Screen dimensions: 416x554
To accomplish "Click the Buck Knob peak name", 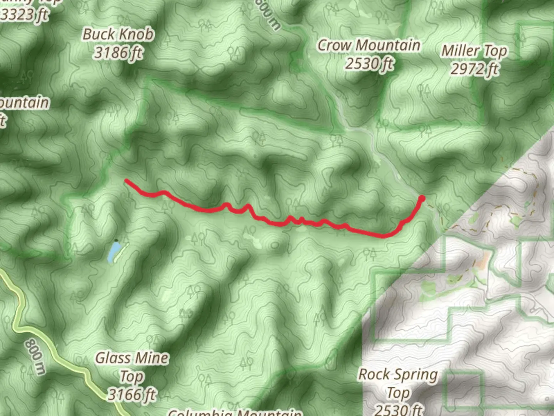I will click(x=118, y=34).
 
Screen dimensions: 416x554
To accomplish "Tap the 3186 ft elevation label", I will click(x=118, y=52).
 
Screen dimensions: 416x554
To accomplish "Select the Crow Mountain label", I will click(x=368, y=45).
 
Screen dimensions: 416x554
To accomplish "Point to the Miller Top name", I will click(x=474, y=50).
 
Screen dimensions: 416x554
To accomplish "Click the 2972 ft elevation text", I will click(x=474, y=69).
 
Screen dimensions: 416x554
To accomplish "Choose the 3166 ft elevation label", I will click(x=132, y=394).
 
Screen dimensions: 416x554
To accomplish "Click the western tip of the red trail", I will click(x=126, y=180).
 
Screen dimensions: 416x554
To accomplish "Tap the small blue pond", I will click(x=113, y=252).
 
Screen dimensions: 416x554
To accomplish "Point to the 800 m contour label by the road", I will click(x=35, y=356).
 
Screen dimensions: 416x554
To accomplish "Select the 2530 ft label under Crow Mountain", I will click(x=369, y=63).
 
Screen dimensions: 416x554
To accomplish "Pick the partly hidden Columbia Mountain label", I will click(x=235, y=412).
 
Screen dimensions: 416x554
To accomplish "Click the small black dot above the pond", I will click(x=116, y=240).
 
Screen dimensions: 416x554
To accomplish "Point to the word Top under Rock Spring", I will click(x=398, y=393).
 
